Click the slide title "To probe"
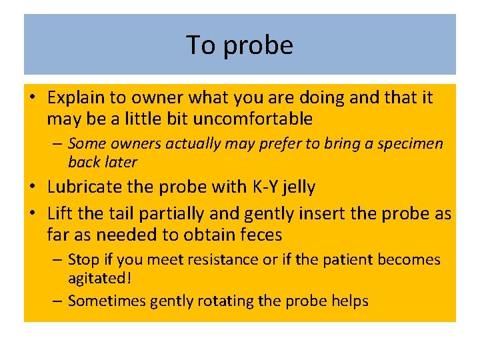coord(239,45)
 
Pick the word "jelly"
coord(298,188)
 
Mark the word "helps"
coord(348,301)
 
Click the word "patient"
coord(339,259)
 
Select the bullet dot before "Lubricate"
coord(35,187)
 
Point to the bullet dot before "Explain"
coord(35,98)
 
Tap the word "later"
coord(121,162)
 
